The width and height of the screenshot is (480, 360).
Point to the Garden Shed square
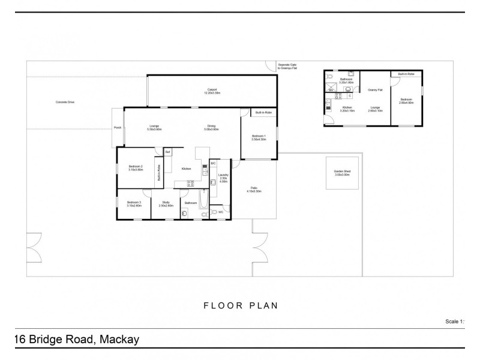point(342,173)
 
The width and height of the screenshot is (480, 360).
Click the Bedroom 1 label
point(259,137)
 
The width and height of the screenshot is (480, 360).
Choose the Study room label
point(166,205)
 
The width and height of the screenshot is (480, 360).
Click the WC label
point(221,212)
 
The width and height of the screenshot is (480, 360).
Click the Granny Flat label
point(376,89)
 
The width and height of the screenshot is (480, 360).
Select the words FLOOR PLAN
point(240,305)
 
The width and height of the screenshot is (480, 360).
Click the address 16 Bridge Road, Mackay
point(76,340)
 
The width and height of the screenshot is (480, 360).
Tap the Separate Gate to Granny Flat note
point(287,67)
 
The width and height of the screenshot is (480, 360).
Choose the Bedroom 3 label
point(134,205)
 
